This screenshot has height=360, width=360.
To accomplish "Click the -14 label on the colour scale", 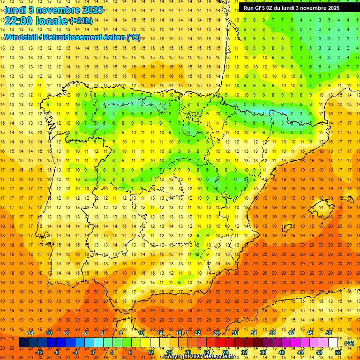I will pos(30,332).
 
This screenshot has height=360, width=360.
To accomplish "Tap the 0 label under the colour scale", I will pos(93,352).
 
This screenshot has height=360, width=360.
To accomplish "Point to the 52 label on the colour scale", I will pos(338,352).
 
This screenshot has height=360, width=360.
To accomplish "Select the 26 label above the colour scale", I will pos(216,332).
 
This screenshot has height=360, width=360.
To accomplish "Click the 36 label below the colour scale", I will pos(263,352).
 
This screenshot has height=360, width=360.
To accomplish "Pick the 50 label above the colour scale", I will pos(329,332).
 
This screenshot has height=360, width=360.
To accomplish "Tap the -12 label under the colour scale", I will pos(39,352).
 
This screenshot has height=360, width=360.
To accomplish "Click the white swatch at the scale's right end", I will pos(333,343).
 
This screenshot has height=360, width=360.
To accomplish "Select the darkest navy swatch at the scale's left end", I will pos(23,343).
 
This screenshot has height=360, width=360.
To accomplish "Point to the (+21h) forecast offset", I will pos(81,21).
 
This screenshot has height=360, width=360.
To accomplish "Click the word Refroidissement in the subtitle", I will pos(71,37).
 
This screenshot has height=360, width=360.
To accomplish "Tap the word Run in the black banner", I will pos(248,8).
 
